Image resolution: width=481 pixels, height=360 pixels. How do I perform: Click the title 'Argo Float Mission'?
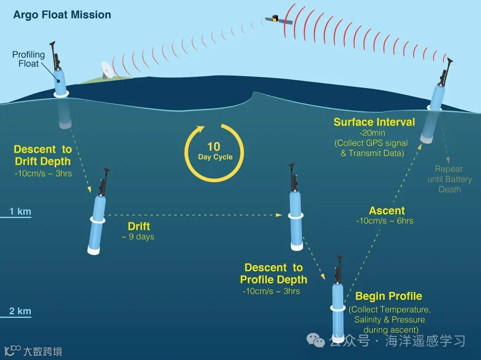pos(62,15)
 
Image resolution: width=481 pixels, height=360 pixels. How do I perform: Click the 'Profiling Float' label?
pos(29,59)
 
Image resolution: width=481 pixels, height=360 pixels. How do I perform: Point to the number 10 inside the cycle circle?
pos(214,147)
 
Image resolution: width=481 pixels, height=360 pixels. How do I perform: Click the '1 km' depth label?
pos(20,211)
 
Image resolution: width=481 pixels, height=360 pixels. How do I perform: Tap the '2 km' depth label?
pos(20,311)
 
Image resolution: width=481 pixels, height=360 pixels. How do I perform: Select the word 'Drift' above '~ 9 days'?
pos(139,227)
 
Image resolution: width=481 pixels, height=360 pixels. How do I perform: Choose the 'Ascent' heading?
pos(387,210)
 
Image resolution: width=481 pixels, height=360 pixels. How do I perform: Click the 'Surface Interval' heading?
pos(374,122)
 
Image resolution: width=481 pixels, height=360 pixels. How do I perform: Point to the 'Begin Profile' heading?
pos(388,296)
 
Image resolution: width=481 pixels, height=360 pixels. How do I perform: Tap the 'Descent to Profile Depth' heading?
pos(273,274)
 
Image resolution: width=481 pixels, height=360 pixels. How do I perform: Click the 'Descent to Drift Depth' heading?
pos(42,155)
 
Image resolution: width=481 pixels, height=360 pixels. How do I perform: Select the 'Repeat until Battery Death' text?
pos(449,179)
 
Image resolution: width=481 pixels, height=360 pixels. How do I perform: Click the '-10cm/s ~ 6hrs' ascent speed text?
pos(385,221)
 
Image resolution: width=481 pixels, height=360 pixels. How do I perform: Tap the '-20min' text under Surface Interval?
pos(372,133)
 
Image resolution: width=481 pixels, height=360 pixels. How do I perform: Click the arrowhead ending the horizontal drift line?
pos(280,215)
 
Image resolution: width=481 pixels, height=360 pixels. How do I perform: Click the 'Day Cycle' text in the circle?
pos(215,157)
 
